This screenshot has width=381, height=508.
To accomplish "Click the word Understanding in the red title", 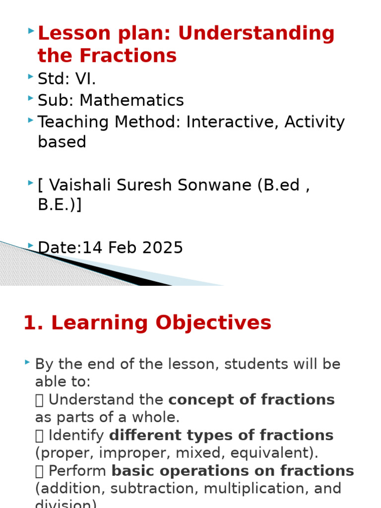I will pos(256,34).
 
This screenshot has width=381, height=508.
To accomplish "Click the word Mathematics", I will pos(131,100).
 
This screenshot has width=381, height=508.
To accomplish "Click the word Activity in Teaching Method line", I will pos(315,122).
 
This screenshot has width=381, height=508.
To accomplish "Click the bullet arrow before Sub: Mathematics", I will pos(31,99).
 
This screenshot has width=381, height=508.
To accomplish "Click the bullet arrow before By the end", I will pos(28,364).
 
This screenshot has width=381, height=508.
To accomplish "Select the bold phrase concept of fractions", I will pos(252,400).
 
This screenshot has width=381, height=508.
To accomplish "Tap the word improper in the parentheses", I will pos(122,453).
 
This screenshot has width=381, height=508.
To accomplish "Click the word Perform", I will pos(78,471).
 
